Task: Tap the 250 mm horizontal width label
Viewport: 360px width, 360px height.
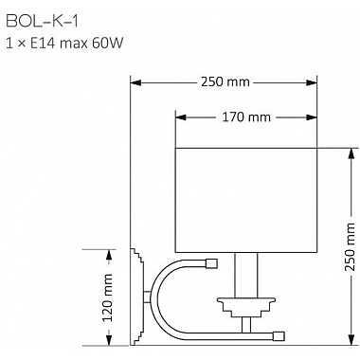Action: (x=225, y=82)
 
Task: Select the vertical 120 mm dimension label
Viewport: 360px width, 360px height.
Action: (x=107, y=297)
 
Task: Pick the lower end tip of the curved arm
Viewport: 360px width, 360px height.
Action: (x=279, y=333)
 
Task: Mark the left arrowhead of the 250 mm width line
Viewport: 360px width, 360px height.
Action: (x=135, y=82)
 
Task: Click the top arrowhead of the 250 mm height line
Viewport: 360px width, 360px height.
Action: (x=350, y=151)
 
